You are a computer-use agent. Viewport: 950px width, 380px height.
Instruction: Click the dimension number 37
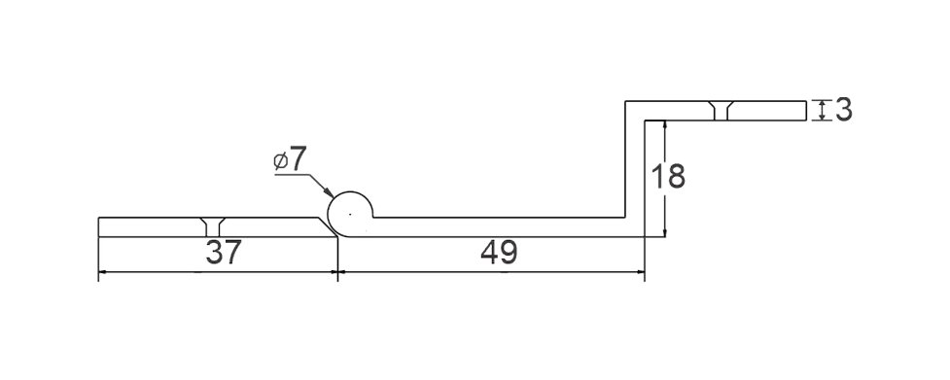click(224, 253)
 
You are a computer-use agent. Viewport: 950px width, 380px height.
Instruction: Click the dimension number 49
click(499, 253)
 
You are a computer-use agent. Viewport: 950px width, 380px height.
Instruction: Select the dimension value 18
click(668, 176)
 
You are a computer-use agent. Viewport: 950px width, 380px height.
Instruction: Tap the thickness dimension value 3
click(844, 110)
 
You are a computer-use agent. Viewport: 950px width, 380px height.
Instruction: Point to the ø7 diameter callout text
click(290, 159)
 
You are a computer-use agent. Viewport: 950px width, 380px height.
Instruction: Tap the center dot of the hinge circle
click(350, 214)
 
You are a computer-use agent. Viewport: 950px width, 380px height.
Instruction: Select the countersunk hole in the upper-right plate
click(722, 110)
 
